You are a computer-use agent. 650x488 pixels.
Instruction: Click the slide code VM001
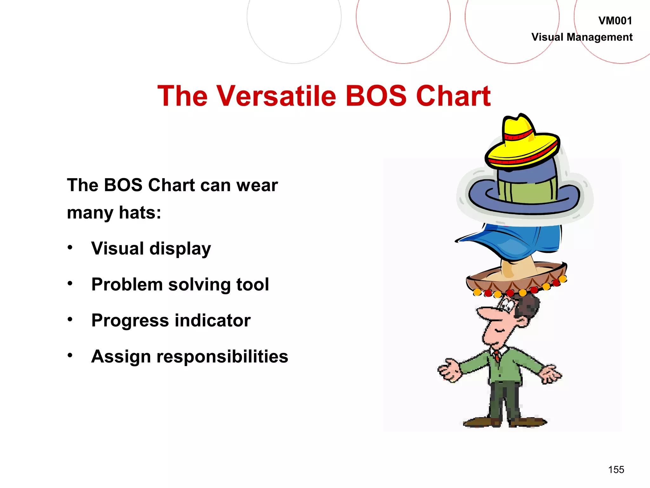[x=615, y=21]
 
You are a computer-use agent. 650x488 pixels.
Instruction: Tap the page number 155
[x=616, y=470]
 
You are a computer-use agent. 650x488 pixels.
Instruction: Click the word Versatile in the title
[x=276, y=96]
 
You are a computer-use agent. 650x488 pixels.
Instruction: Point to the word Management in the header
[x=600, y=37]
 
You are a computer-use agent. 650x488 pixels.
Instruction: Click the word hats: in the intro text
[x=140, y=213]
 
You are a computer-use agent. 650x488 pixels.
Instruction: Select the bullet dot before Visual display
[x=70, y=247]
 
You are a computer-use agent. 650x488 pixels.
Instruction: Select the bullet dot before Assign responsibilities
[x=70, y=355]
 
